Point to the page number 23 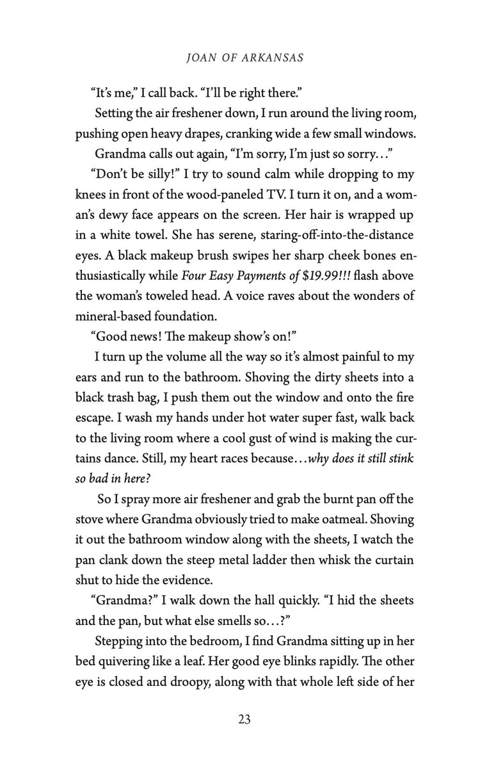[x=244, y=719]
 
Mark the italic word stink [x=401, y=457]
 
